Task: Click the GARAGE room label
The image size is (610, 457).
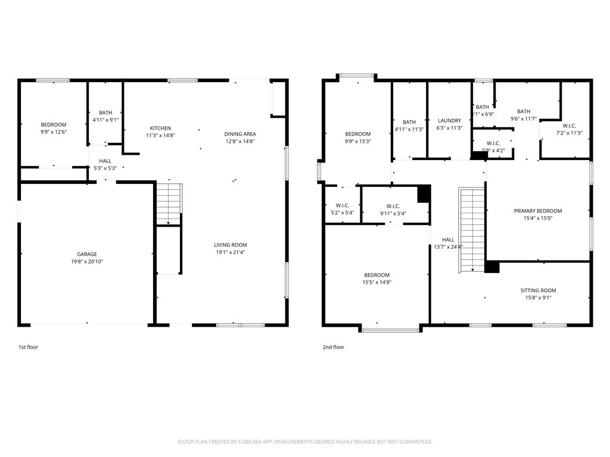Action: coord(86,254)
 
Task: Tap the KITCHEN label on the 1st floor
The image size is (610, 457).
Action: coord(160,128)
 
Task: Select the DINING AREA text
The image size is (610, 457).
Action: coord(239,134)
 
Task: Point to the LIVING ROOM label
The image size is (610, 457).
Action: coord(231,245)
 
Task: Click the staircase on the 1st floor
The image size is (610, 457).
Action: coord(169,204)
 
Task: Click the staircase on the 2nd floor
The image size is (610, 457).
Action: coord(471,230)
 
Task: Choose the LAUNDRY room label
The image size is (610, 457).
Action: coord(449,121)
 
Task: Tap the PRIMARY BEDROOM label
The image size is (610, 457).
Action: coord(538,211)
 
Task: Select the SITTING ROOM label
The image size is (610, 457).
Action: coord(538,290)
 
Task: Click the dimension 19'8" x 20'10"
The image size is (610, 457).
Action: coord(86,262)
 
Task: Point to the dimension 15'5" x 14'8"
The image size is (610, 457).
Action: coord(377,283)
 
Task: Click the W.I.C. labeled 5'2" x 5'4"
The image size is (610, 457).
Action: coord(342,206)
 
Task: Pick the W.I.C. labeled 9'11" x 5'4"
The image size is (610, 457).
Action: coord(393,206)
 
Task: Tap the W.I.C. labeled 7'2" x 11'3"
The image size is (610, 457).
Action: coord(569,126)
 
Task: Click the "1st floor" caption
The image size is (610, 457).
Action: coord(28,347)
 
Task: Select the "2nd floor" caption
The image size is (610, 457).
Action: coord(334,347)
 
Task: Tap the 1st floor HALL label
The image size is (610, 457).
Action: coord(105,161)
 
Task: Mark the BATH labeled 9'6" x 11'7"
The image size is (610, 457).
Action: coord(524,111)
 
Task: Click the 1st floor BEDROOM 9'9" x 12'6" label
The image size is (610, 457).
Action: coord(54,124)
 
